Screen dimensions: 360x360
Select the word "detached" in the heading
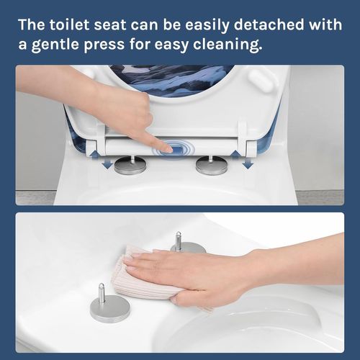[271, 24]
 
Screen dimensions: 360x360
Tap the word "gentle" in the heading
[60, 45]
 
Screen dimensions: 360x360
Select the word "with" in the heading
[324, 24]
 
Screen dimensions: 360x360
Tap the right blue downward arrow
[247, 163]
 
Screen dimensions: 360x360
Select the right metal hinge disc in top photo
[211, 166]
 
